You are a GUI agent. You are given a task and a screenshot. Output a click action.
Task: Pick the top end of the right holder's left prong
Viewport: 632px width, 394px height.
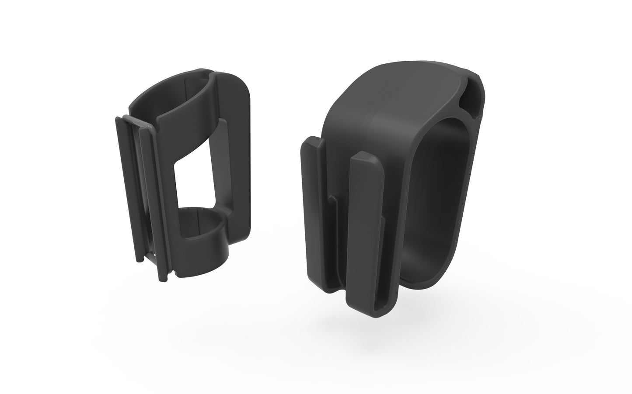tap(312, 142)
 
